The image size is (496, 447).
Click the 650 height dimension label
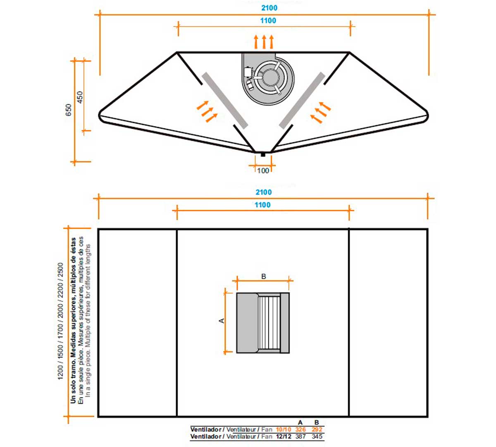pyautogui.click(x=69, y=110)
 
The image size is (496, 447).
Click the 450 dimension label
pyautogui.click(x=80, y=97)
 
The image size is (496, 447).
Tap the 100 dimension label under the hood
pyautogui.click(x=263, y=171)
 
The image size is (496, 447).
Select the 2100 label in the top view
pyautogui.click(x=269, y=8)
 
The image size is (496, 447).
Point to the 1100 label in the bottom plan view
pyautogui.click(x=262, y=205)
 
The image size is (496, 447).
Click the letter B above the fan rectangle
pyautogui.click(x=264, y=276)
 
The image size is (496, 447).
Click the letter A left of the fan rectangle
pyautogui.click(x=222, y=320)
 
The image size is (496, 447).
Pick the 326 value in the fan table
pyautogui.click(x=300, y=429)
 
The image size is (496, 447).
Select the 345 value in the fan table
pyautogui.click(x=317, y=436)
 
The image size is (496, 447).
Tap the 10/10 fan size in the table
pyautogui.click(x=284, y=429)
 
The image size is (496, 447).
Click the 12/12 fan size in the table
pyautogui.click(x=284, y=436)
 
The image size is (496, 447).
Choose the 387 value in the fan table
pyautogui.click(x=300, y=436)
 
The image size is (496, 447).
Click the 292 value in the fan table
pyautogui.click(x=317, y=429)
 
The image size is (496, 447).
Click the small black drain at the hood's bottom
pyautogui.click(x=263, y=155)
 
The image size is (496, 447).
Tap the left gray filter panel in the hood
pyautogui.click(x=225, y=100)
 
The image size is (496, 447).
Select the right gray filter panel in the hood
pyautogui.click(x=302, y=100)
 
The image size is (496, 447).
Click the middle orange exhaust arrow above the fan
pyautogui.click(x=264, y=42)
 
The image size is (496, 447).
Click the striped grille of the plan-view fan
pyautogui.click(x=269, y=322)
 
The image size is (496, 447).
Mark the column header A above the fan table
pyautogui.click(x=300, y=422)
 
